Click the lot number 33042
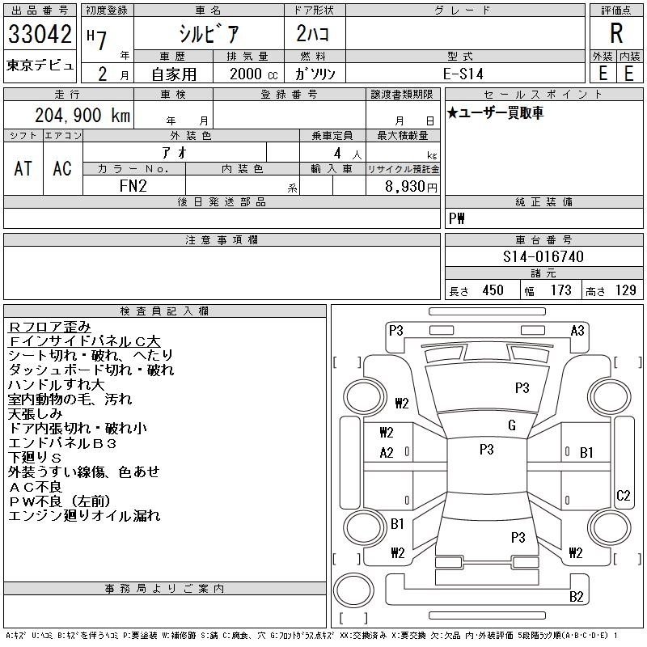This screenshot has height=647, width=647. (40, 33)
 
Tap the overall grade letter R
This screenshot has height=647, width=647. (616, 33)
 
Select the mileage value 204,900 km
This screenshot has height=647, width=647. (82, 115)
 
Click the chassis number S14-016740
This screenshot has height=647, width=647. (543, 256)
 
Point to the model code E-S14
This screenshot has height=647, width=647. (463, 74)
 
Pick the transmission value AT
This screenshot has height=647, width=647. (23, 168)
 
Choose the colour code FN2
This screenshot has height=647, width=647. (133, 186)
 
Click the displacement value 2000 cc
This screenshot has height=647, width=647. (254, 74)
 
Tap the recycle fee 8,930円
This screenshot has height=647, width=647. (411, 186)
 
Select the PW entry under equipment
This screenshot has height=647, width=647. (457, 218)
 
